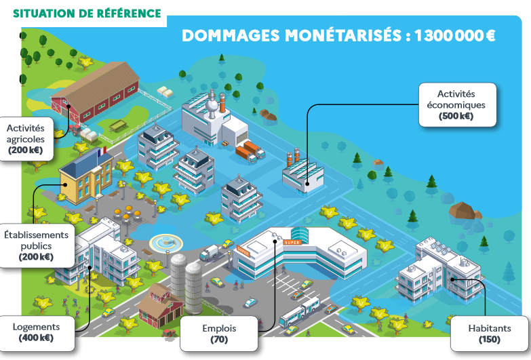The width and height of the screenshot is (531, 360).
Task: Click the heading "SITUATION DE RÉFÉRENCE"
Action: tap(87, 14)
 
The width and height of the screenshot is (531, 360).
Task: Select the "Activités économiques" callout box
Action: tap(456, 104)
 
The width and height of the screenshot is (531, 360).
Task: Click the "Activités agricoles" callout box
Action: tap(26, 138)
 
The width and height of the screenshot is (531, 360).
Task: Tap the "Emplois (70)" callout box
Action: tap(219, 333)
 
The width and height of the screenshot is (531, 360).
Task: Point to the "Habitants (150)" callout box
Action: tap(489, 333)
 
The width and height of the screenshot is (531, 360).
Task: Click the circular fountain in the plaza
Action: tap(163, 242)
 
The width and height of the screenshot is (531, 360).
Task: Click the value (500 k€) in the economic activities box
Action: tap(456, 116)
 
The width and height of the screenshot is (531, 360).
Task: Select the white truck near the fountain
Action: tap(209, 252)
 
